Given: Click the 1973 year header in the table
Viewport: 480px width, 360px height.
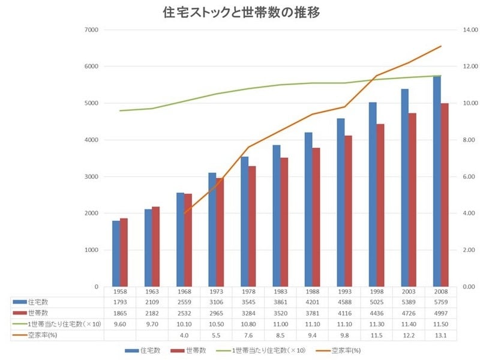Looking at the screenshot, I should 216,292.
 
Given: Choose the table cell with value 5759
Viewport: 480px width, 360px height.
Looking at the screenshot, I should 441,302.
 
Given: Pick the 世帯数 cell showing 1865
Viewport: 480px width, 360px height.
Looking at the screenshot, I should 119,313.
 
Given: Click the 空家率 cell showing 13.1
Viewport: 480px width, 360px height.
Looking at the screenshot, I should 441,334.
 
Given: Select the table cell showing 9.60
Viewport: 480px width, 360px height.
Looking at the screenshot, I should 119,323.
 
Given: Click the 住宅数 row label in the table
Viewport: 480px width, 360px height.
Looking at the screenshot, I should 36,302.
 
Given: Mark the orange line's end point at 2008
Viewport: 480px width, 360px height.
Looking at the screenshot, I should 441,46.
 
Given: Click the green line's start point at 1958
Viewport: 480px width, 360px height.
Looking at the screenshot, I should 120,110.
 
